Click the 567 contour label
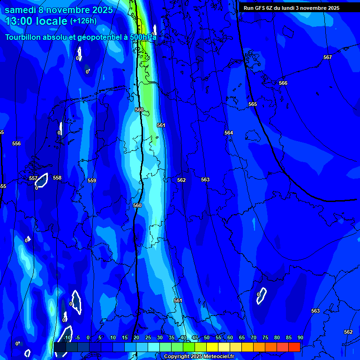click(327, 57)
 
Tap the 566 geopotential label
click(283, 83)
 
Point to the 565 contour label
click(253, 104)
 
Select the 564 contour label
click(228, 133)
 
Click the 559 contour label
click(92, 180)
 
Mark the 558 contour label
click(57, 178)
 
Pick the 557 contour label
click(33, 178)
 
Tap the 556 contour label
click(16, 143)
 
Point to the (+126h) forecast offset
click(83, 21)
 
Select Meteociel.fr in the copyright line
click(216, 357)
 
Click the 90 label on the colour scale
click(300, 337)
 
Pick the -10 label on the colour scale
click(67, 337)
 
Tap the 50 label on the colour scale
click(207, 337)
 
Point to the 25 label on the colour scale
click(148, 337)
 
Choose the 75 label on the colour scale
click(265, 337)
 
